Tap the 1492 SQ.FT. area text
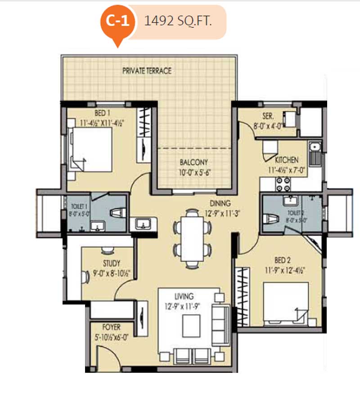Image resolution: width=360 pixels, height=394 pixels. pos(178,21)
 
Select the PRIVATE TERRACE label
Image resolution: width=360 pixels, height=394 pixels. pos(147,71)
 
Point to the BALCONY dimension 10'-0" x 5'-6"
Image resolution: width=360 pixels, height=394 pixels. pos(194,173)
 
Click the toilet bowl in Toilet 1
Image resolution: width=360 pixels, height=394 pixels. pos(118,213)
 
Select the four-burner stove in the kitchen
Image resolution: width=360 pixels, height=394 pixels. pos(283,184)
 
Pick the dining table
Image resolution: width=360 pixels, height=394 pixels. pos(192,239)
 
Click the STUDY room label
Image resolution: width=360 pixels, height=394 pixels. pos(111,264)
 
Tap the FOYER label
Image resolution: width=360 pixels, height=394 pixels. pos(111,327)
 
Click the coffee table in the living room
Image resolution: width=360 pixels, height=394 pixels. pos(191,326)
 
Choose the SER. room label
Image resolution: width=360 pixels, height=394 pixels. pos(268,116)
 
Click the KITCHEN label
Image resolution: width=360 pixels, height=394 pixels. pos(287,160)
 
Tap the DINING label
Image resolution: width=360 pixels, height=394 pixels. pos(220,203)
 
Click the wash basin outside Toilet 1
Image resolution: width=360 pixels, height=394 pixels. pos(143,224)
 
